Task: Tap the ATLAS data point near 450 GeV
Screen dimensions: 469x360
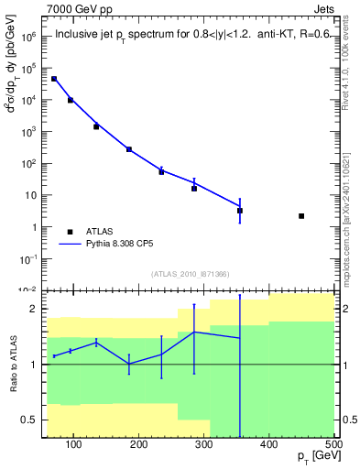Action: (301, 216)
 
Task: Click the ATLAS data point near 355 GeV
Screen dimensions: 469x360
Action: (240, 211)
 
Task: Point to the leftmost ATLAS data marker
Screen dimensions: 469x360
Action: (54, 79)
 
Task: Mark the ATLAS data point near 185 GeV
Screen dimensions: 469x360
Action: (129, 149)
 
